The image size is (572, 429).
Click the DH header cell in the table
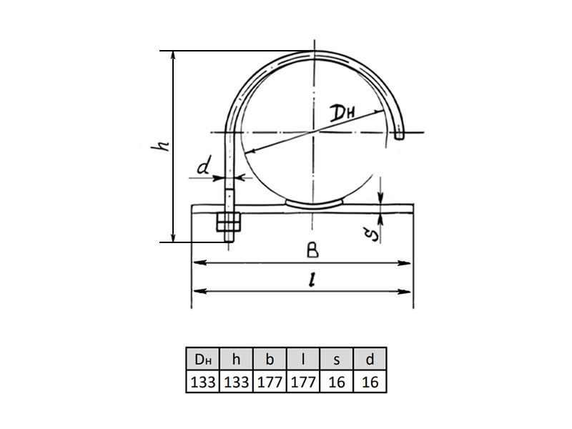pos(203,360)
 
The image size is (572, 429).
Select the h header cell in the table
pos(236,360)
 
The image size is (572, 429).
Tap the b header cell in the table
pos(270,360)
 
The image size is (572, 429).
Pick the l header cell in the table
pos(303,360)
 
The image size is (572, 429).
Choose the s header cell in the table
pos(336,360)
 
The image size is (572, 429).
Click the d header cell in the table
pos(370,360)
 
